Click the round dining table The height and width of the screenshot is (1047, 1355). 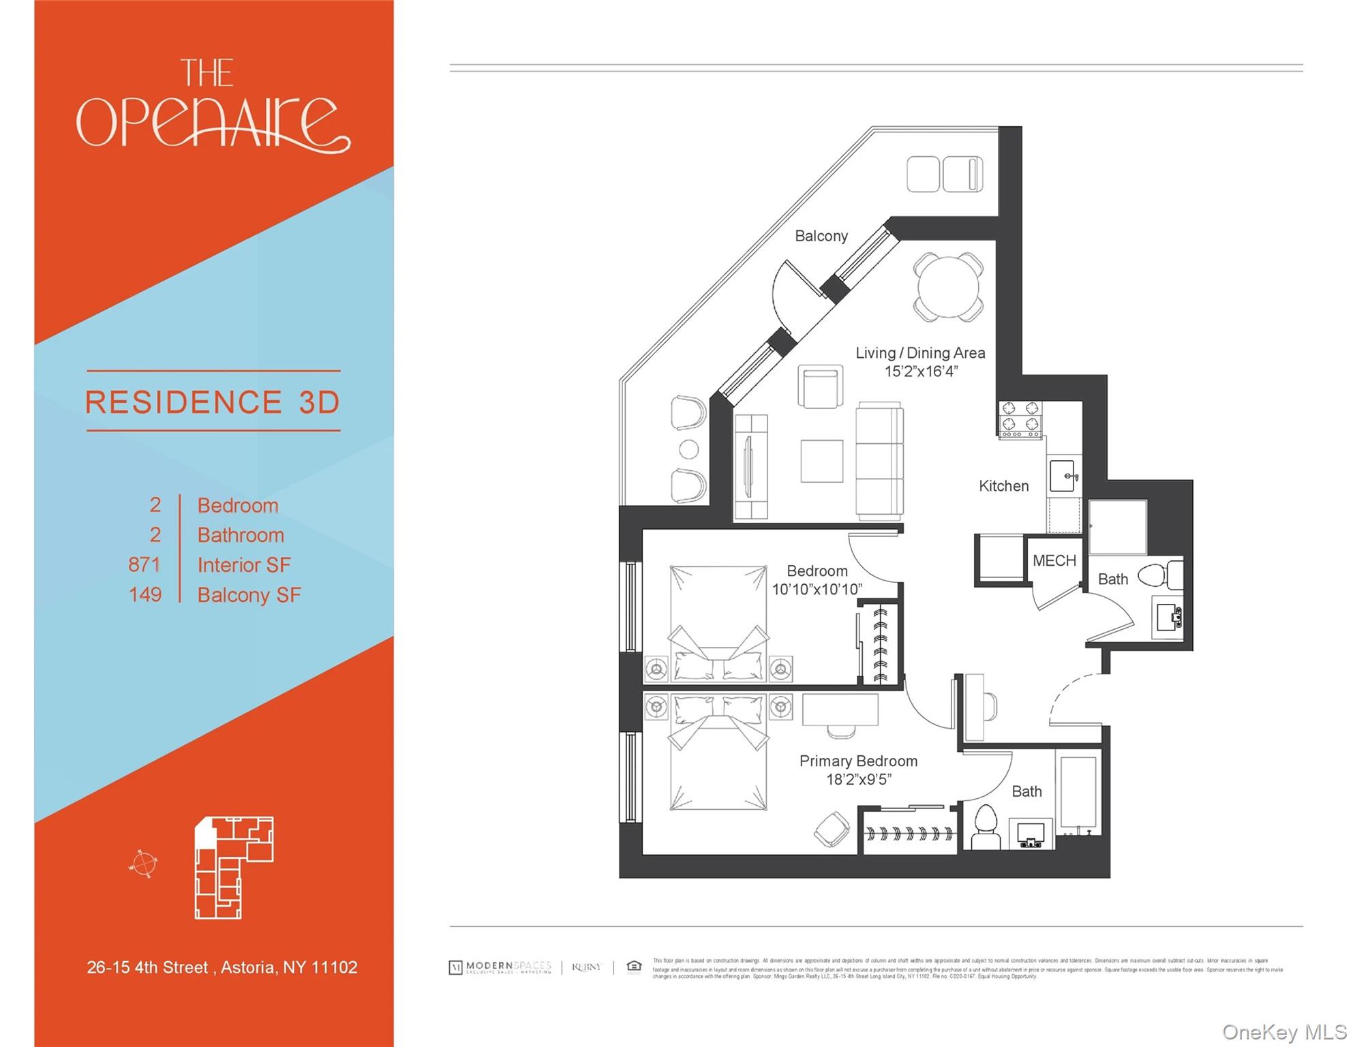pyautogui.click(x=948, y=287)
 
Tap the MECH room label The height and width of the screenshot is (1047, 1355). pyautogui.click(x=1054, y=561)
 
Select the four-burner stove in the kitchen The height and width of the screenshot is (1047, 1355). pyautogui.click(x=1020, y=418)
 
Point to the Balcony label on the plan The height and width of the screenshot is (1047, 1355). pyautogui.click(x=821, y=236)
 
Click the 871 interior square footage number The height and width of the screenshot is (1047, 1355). pyautogui.click(x=144, y=564)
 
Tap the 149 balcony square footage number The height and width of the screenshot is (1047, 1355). pyautogui.click(x=145, y=594)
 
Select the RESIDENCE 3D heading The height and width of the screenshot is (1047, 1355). pyautogui.click(x=213, y=402)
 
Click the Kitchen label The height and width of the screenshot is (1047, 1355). pyautogui.click(x=1003, y=486)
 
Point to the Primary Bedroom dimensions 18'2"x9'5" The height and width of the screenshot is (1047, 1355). pyautogui.click(x=858, y=779)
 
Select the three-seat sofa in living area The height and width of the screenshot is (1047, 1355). pyautogui.click(x=879, y=461)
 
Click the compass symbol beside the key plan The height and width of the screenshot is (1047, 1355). pyautogui.click(x=144, y=864)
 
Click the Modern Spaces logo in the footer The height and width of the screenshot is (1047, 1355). pyautogui.click(x=501, y=967)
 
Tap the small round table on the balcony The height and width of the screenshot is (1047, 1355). pyautogui.click(x=689, y=450)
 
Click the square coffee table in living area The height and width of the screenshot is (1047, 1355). pyautogui.click(x=821, y=461)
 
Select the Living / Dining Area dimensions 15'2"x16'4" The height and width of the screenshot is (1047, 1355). pyautogui.click(x=921, y=371)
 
